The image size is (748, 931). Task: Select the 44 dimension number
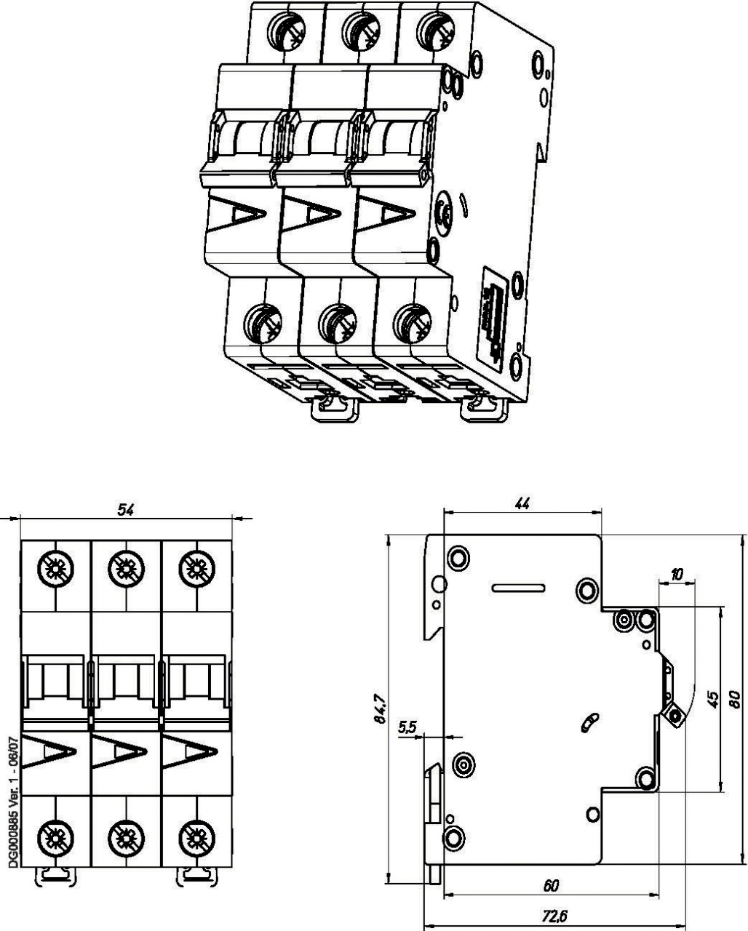[522, 503]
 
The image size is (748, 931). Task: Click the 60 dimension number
[551, 885]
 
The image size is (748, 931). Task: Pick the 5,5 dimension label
[407, 727]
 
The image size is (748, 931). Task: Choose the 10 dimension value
[677, 575]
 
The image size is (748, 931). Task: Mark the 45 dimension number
[713, 699]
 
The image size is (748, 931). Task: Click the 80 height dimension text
[735, 699]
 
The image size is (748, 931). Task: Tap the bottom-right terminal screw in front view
[195, 834]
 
